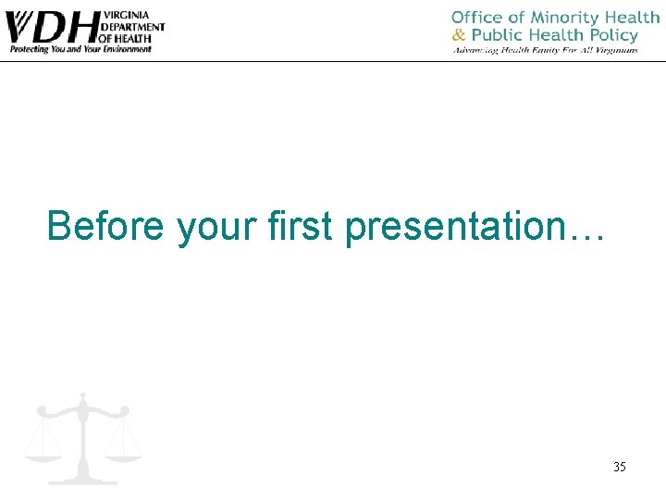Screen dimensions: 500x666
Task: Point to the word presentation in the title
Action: pyautogui.click(x=450, y=228)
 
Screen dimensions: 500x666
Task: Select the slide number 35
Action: pyautogui.click(x=619, y=467)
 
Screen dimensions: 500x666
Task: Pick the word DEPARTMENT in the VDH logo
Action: pyautogui.click(x=132, y=27)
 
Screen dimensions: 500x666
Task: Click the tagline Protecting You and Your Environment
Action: pyautogui.click(x=80, y=49)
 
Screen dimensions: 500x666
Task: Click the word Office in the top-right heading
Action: pyautogui.click(x=477, y=18)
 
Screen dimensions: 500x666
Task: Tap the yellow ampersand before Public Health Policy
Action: pyautogui.click(x=460, y=35)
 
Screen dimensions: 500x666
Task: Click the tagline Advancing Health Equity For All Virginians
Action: pyautogui.click(x=545, y=50)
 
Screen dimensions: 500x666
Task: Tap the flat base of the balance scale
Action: pyautogui.click(x=83, y=480)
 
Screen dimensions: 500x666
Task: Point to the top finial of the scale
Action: pyautogui.click(x=83, y=396)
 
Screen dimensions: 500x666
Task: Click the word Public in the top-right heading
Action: pyautogui.click(x=499, y=35)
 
